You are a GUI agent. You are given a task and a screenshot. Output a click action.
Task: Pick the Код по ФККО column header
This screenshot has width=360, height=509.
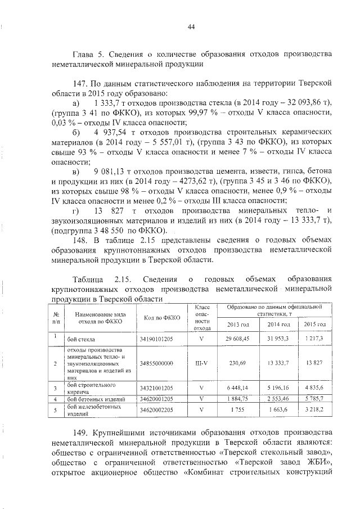[162, 318]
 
